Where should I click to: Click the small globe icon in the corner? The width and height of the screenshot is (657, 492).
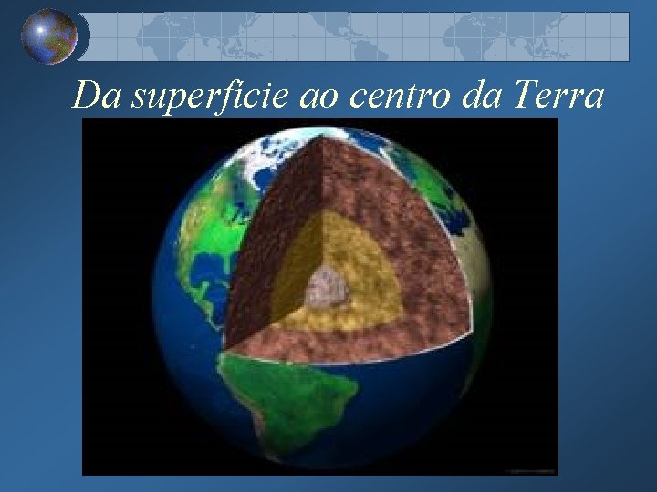coord(49,36)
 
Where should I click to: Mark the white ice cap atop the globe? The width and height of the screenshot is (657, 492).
coord(274,159)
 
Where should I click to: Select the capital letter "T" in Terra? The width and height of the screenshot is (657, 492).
coord(526,95)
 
